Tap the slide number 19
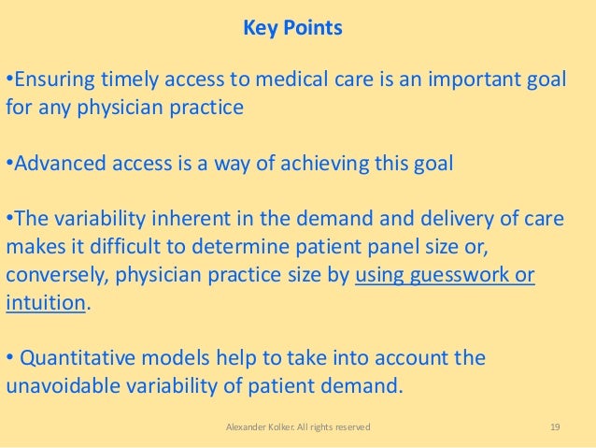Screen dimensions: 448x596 (555, 427)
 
